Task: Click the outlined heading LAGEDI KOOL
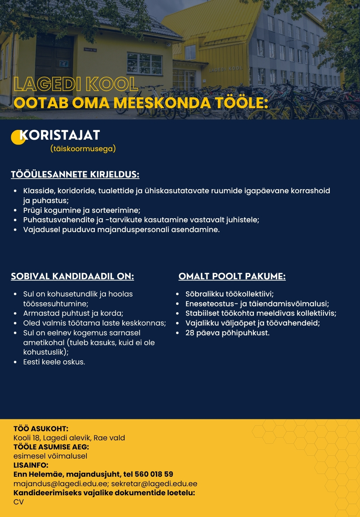click(75, 84)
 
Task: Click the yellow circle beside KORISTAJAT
click(17, 138)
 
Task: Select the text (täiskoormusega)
click(83, 149)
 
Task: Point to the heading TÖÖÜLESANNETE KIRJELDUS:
click(75, 174)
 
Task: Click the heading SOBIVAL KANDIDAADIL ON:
click(72, 276)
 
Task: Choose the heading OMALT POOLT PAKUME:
click(232, 276)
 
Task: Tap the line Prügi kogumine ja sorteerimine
click(82, 211)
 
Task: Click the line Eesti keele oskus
click(54, 362)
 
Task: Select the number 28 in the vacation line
click(190, 333)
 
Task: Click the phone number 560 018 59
click(154, 474)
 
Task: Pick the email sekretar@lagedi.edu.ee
click(154, 484)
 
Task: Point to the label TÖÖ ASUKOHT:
click(41, 429)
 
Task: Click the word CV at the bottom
click(19, 502)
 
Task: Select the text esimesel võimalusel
click(50, 456)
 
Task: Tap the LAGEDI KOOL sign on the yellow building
click(226, 69)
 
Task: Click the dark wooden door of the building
click(54, 56)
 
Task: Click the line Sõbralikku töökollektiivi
click(229, 294)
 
